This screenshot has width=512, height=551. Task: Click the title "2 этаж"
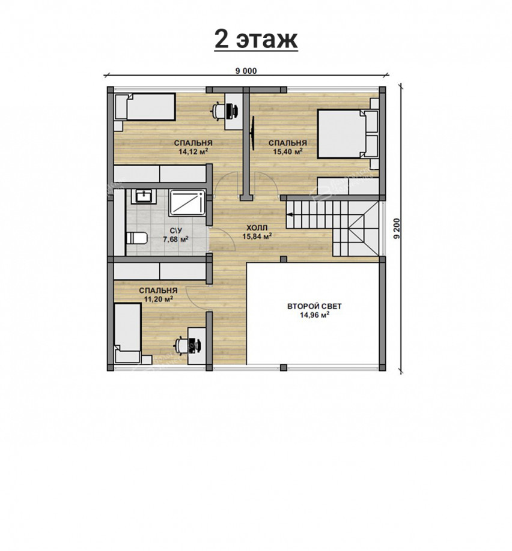point(256,40)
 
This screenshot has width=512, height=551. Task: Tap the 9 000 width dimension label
point(246,71)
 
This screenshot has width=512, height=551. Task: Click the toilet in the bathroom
point(136,238)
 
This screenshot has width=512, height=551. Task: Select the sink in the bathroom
point(143,196)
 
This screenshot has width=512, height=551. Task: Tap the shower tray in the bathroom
point(187,203)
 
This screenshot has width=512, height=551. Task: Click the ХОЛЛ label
point(257,227)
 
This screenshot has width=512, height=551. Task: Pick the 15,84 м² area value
point(257,236)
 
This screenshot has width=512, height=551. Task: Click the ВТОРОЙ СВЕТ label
point(314,306)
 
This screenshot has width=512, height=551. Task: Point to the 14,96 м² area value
point(314,315)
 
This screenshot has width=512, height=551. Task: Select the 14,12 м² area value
point(193,152)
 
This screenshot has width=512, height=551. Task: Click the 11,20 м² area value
point(158,300)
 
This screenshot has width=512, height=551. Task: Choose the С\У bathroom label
point(175,231)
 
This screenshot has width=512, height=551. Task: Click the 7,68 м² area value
point(175,239)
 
